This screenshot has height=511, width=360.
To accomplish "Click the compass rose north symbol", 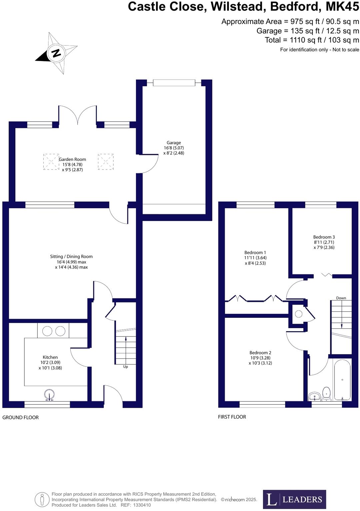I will tap(56, 53).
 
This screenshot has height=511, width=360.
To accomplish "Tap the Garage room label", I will tap(174, 143).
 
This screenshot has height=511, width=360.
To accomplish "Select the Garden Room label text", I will tap(72, 159).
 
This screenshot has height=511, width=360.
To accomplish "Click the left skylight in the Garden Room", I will tap(51, 162).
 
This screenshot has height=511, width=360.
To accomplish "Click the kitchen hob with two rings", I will tap(54, 331).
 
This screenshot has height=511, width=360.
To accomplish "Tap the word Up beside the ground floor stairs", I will tap(126, 367).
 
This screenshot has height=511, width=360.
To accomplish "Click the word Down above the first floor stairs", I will tap(341, 298).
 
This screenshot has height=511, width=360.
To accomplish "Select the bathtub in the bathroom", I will tap(342, 380).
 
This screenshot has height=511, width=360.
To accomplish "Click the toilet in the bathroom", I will tap(326, 393).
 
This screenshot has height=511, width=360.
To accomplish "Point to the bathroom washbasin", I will tap(314, 396).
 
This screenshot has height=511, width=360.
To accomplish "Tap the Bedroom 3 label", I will tap(324, 237).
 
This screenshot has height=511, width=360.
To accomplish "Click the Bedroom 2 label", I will tap(260, 352).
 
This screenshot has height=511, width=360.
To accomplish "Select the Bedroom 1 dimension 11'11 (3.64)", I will tap(255, 258).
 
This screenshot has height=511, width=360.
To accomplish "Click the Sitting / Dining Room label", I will tap(71, 256).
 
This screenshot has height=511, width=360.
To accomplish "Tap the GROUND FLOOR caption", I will tap(21, 417).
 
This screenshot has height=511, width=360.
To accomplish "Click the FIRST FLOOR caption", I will tap(232, 417).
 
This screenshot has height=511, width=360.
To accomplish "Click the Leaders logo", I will tap(294, 499).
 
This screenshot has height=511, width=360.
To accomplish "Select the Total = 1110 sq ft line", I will tap(312, 40).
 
